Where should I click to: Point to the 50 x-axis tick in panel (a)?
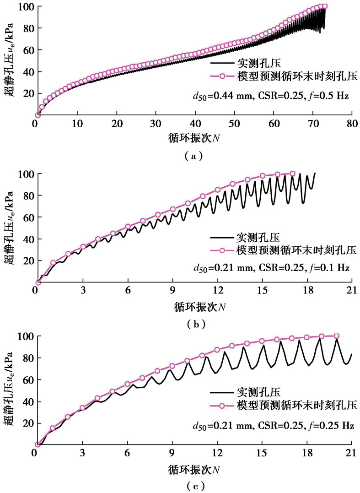click(234, 125)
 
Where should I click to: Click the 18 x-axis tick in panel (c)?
click(306, 454)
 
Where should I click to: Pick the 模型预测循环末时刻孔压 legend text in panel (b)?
click(292, 250)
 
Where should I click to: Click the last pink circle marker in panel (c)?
click(336, 336)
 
